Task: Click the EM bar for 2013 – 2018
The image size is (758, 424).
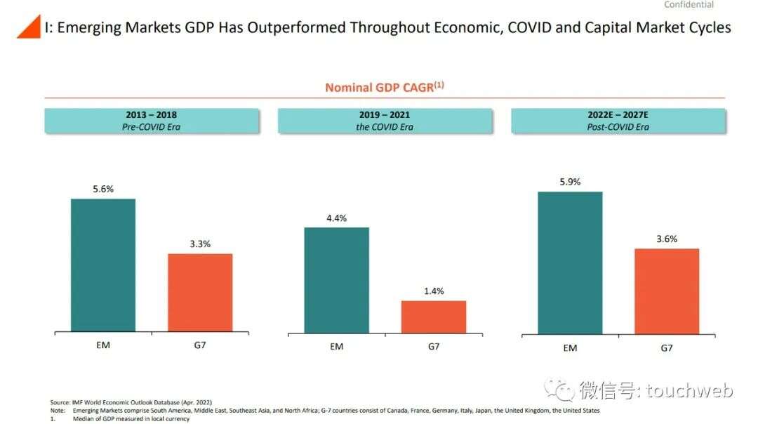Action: pyautogui.click(x=103, y=265)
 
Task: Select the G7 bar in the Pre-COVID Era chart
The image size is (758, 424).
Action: pyautogui.click(x=200, y=292)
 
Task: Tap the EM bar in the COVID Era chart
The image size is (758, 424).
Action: pyautogui.click(x=336, y=279)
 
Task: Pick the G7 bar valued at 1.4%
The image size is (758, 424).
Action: pyautogui.click(x=434, y=317)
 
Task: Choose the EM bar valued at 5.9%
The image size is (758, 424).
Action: pyautogui.click(x=570, y=263)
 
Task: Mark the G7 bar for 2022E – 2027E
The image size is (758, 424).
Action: pyautogui.click(x=667, y=291)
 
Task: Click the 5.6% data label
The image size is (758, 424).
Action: pyautogui.click(x=103, y=189)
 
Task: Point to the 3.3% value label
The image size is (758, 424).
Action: pyautogui.click(x=200, y=244)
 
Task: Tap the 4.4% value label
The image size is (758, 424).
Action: pyautogui.click(x=336, y=218)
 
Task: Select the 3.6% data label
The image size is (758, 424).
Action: pyautogui.click(x=667, y=239)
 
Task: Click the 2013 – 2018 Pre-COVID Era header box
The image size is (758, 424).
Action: pyautogui.click(x=152, y=121)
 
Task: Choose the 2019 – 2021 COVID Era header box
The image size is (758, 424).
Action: pyautogui.click(x=385, y=121)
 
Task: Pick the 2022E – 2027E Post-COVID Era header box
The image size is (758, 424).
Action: pyautogui.click(x=618, y=121)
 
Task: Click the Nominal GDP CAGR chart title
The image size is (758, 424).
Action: pyautogui.click(x=384, y=87)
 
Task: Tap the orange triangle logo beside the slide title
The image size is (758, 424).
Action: pyautogui.click(x=29, y=28)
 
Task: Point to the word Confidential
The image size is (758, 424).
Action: pyautogui.click(x=689, y=5)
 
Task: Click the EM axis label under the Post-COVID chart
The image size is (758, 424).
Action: pyautogui.click(x=570, y=347)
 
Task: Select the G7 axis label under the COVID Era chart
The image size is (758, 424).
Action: pyautogui.click(x=434, y=346)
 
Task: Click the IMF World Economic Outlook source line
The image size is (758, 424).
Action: pyautogui.click(x=131, y=402)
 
